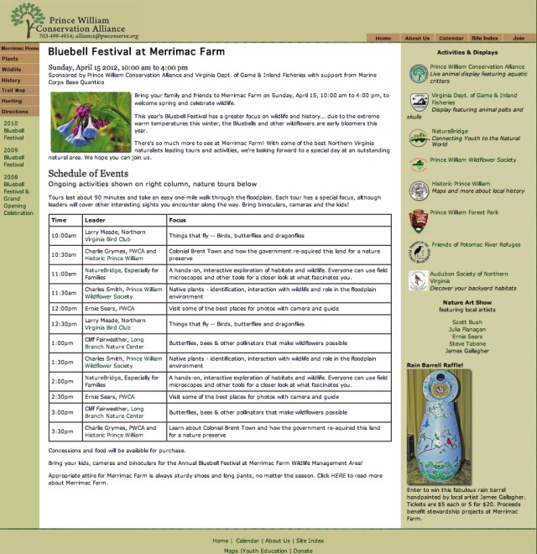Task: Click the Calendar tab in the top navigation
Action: (x=451, y=38)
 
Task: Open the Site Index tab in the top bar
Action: (x=485, y=38)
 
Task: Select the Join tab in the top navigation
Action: (x=519, y=38)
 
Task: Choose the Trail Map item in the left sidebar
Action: (x=13, y=90)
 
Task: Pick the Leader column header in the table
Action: (x=95, y=220)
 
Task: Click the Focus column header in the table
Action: (x=177, y=220)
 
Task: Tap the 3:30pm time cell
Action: (x=63, y=431)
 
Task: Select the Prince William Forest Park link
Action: (x=465, y=212)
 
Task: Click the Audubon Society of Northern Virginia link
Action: (x=468, y=274)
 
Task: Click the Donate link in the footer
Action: (x=303, y=551)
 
